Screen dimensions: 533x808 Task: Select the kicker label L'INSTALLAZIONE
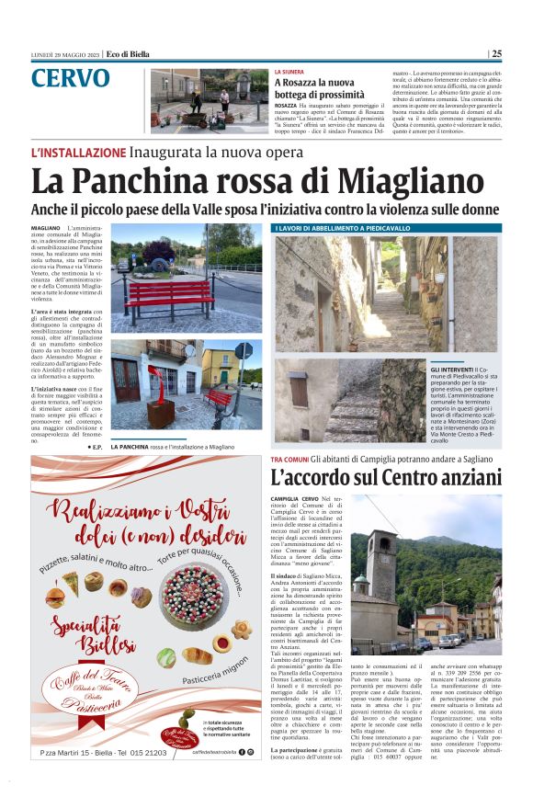(78, 152)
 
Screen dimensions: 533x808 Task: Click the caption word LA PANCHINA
(132, 446)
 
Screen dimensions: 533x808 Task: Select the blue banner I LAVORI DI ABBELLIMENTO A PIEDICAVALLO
(343, 227)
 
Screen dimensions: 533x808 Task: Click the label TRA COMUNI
(289, 458)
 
